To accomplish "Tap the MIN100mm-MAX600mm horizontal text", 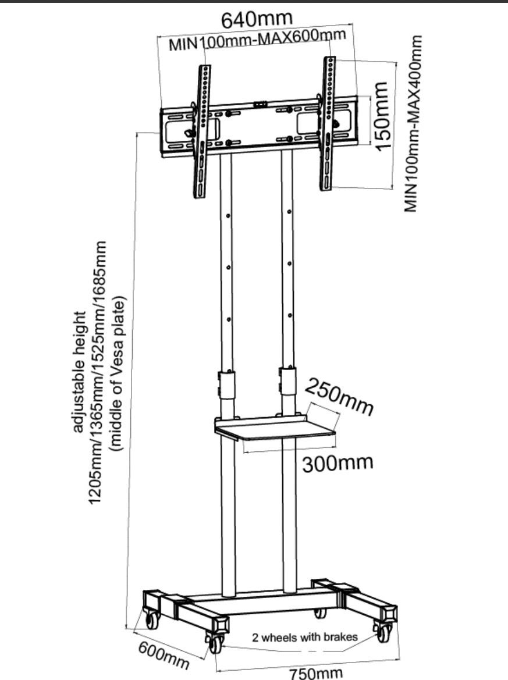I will [x=257, y=40].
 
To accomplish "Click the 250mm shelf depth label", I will [x=340, y=397].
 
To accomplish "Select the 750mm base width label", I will [x=316, y=672].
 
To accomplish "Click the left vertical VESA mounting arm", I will [x=203, y=131].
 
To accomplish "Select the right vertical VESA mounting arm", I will [x=328, y=123].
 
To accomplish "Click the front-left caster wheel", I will [x=215, y=643].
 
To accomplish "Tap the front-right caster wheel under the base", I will [x=383, y=632].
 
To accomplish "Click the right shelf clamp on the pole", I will [x=287, y=381].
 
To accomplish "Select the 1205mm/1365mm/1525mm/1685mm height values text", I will [x=98, y=372].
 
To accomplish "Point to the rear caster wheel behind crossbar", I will [x=319, y=613].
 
